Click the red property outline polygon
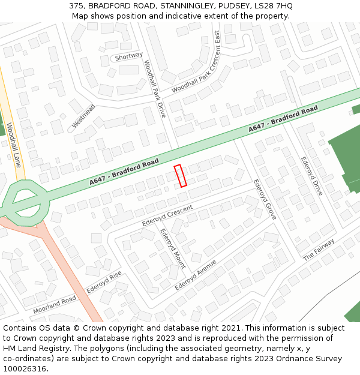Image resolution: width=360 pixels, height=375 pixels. (x=181, y=175)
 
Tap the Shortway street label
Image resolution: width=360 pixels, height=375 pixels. (x=129, y=56)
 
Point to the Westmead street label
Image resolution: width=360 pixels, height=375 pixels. (x=83, y=116)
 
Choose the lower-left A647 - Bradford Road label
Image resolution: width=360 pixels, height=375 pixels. (x=124, y=172)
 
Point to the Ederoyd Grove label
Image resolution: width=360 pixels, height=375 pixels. (x=265, y=199)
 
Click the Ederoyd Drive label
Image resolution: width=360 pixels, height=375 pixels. (x=312, y=176)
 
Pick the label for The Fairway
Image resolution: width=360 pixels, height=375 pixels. (x=318, y=249)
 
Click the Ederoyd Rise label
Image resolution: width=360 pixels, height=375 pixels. (x=104, y=281)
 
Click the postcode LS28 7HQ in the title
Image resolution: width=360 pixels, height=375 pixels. (x=274, y=6)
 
